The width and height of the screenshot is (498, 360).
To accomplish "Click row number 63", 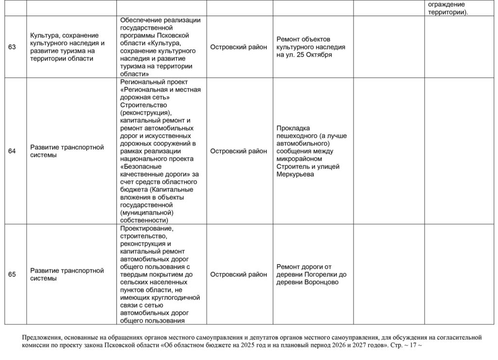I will tap(12, 47).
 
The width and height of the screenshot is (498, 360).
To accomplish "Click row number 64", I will tap(12, 151).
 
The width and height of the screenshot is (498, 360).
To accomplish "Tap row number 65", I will tap(12, 274).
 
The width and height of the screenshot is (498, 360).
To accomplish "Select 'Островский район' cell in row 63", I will tap(238, 47).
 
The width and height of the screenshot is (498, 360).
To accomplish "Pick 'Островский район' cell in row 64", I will tap(238, 151).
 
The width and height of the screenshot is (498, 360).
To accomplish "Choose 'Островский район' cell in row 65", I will tap(238, 274).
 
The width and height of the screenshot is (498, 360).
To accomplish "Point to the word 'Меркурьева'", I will tap(295, 174).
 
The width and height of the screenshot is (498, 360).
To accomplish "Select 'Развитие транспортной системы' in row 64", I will tap(67, 151).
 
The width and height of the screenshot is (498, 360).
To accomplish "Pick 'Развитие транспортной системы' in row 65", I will tap(67, 274).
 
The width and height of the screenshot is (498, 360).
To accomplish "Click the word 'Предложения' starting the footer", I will tap(41, 337).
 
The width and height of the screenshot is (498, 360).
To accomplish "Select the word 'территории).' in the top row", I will tap(448, 13).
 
